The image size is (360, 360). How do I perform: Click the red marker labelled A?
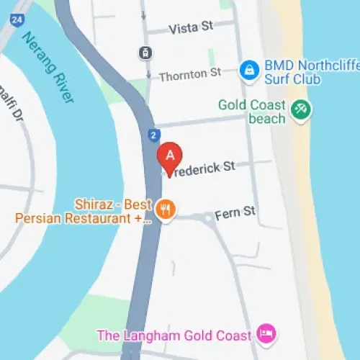tap(171, 156)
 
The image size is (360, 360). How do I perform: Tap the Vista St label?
tap(191, 27)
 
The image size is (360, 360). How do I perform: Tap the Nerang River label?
tap(49, 68)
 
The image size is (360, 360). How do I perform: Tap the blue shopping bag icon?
tap(249, 70)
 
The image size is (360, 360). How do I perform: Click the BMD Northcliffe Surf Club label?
tap(302, 72)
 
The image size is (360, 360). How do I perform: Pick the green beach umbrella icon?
tap(301, 111)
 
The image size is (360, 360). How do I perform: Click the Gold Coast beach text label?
tap(252, 112)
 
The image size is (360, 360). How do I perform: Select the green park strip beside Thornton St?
tap(212, 58)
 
